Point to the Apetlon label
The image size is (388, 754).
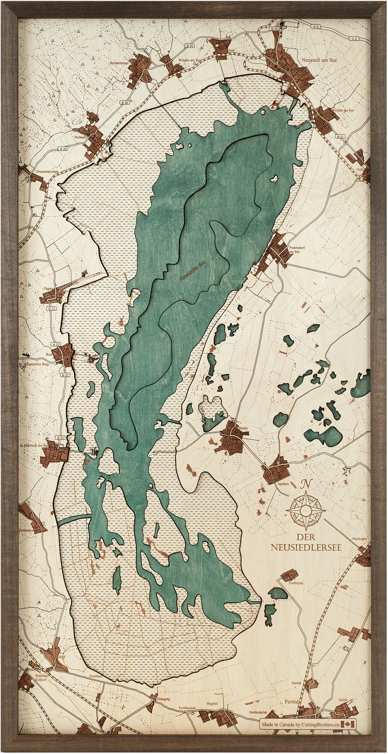(x=283, y=484)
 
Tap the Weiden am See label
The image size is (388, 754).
(x=343, y=110)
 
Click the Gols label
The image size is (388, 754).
(x=360, y=169)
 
